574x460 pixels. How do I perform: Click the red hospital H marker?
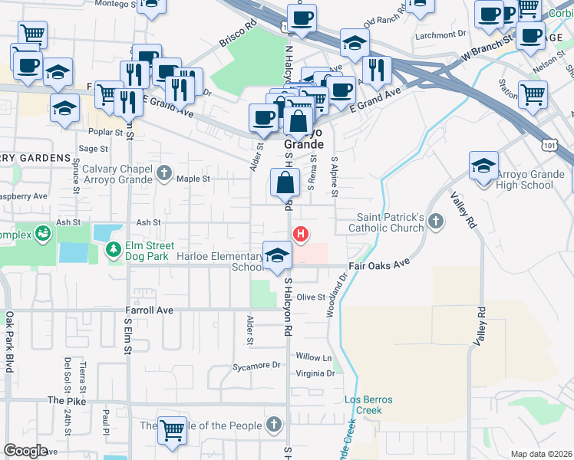[302, 234]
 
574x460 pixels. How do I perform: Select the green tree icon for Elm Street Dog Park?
[114, 248]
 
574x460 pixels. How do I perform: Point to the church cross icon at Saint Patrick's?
[436, 222]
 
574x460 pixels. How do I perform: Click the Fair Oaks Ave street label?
[378, 263]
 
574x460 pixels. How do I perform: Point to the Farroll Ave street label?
[149, 310]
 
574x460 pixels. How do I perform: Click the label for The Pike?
[64, 400]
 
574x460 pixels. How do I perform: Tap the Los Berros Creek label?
[363, 405]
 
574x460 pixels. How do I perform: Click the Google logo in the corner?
[25, 451]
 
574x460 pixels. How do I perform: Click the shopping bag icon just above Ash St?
[285, 184]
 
